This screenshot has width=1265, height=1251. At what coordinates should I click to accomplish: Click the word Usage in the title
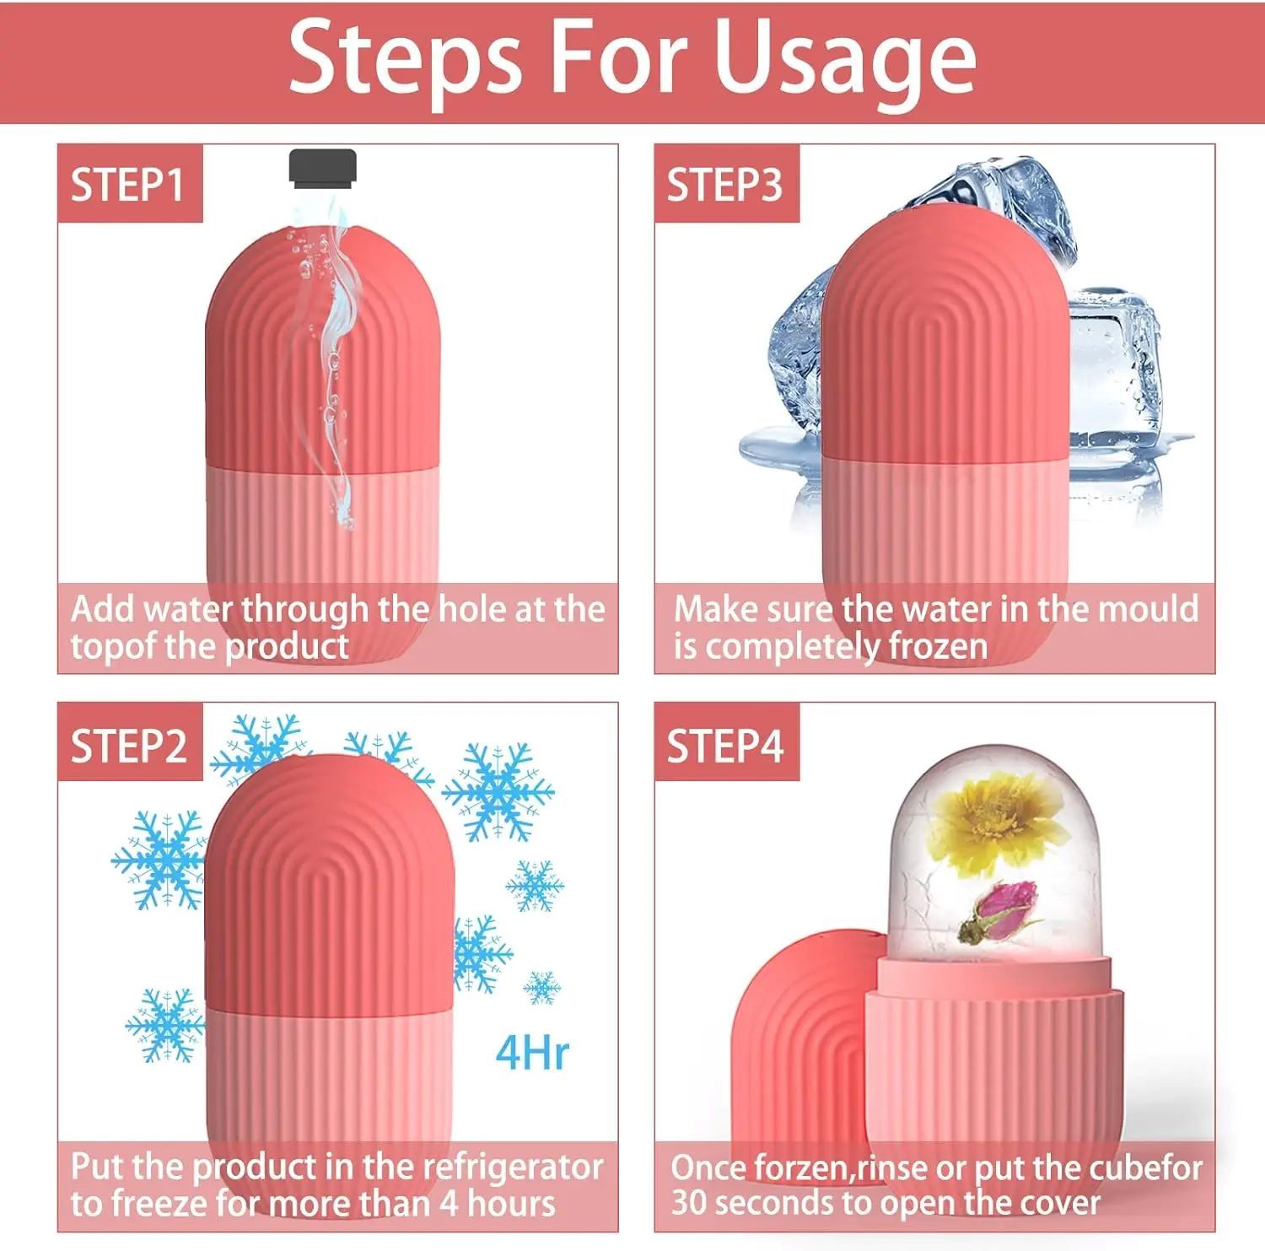(844, 59)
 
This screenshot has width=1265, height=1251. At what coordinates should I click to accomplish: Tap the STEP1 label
(127, 185)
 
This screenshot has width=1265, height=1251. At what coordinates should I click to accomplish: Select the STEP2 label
(128, 746)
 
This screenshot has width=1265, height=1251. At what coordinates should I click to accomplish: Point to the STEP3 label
(724, 185)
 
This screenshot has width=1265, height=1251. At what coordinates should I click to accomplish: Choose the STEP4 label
(725, 746)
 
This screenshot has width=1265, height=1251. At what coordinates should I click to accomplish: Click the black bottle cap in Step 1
(322, 165)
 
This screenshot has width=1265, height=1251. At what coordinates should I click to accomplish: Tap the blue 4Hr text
(532, 1052)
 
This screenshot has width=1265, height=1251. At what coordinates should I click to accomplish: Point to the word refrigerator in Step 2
(512, 1167)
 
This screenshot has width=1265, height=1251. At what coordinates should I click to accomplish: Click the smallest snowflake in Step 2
(542, 987)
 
